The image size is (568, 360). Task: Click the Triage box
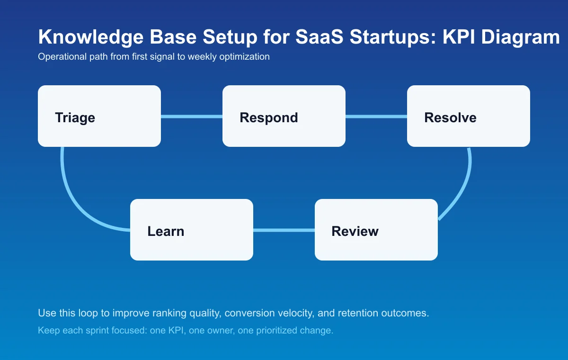pyautogui.click(x=99, y=116)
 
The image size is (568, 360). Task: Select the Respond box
pyautogui.click(x=284, y=116)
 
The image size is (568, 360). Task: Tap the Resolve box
pyautogui.click(x=469, y=116)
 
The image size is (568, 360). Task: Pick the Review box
pyautogui.click(x=376, y=230)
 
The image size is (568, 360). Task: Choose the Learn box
pyautogui.click(x=192, y=230)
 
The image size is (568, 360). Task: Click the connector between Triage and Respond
pyautogui.click(x=192, y=117)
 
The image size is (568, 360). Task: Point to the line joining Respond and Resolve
pyautogui.click(x=376, y=117)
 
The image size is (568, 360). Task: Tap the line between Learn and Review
pyautogui.click(x=284, y=230)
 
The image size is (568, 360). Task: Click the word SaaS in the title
pyautogui.click(x=320, y=37)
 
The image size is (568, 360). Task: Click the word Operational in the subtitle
pyautogui.click(x=58, y=57)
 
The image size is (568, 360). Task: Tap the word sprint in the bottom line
pyautogui.click(x=95, y=331)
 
